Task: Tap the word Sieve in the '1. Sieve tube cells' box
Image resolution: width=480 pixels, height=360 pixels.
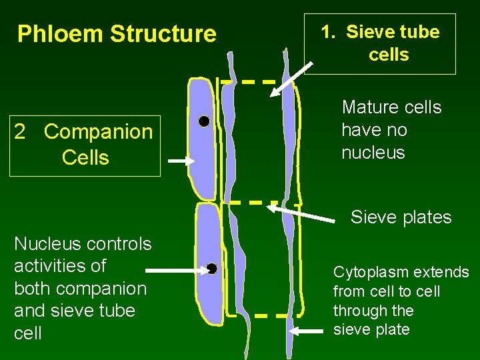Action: coord(370,32)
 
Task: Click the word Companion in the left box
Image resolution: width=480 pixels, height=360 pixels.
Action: coord(98,132)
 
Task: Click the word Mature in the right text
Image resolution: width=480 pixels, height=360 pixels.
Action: coord(367,107)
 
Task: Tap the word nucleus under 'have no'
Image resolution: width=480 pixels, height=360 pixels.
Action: coord(373,153)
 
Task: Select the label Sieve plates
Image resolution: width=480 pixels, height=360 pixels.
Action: coord(401,217)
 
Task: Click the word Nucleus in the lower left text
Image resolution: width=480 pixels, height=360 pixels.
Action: coord(41,244)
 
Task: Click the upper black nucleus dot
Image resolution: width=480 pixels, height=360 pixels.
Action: coord(204,121)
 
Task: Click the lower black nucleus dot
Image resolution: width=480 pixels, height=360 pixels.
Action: coord(212,269)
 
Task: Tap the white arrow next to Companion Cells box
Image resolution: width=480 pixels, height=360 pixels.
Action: coord(180,161)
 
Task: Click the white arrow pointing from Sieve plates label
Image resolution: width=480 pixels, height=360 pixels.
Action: coord(300,212)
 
